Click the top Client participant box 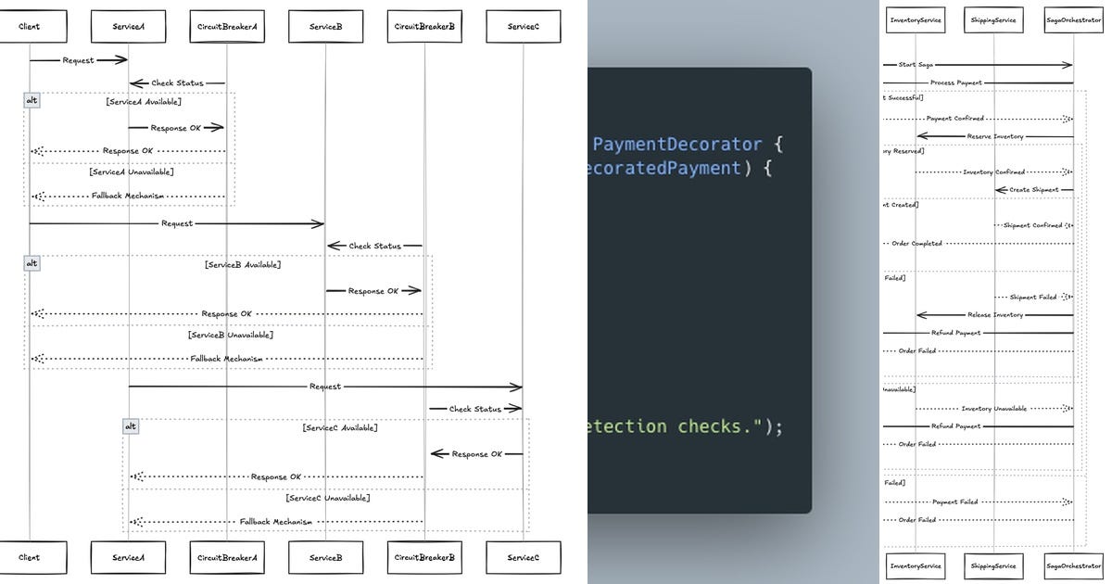pyautogui.click(x=30, y=27)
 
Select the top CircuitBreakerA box pyautogui.click(x=227, y=27)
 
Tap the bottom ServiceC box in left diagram pyautogui.click(x=523, y=557)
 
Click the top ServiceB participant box pyautogui.click(x=325, y=27)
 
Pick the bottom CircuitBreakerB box pyautogui.click(x=424, y=557)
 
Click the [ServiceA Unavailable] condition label pyautogui.click(x=132, y=172)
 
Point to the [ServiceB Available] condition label pyautogui.click(x=243, y=265)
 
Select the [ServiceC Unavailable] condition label pyautogui.click(x=328, y=498)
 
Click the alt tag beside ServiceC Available pyautogui.click(x=131, y=426)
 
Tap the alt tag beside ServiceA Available pyautogui.click(x=32, y=101)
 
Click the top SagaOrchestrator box pyautogui.click(x=1073, y=19)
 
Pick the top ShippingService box pyautogui.click(x=993, y=19)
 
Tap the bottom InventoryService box pyautogui.click(x=916, y=565)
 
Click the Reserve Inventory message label pyautogui.click(x=995, y=136)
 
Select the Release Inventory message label pyautogui.click(x=995, y=315)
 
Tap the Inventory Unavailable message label pyautogui.click(x=993, y=409)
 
